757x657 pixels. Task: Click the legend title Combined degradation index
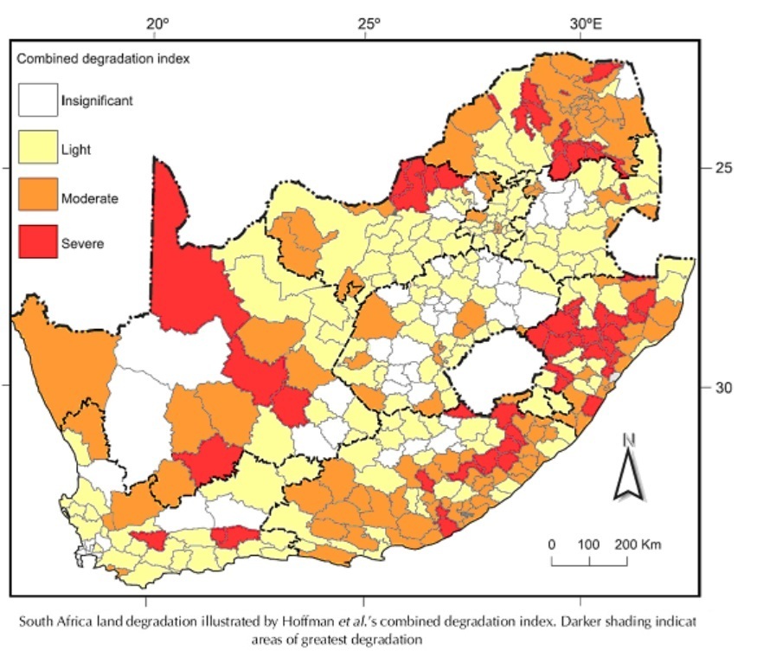104,60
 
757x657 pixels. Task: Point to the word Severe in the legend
82,244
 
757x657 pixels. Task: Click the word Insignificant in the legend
96,100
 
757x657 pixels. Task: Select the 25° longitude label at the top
368,23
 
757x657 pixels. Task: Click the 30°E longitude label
587,23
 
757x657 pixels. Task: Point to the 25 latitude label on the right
723,167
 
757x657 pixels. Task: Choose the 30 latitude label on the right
723,387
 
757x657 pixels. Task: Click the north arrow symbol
629,475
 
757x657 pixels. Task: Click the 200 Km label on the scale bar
639,545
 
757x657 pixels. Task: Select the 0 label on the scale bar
551,545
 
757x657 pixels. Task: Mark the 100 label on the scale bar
588,545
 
